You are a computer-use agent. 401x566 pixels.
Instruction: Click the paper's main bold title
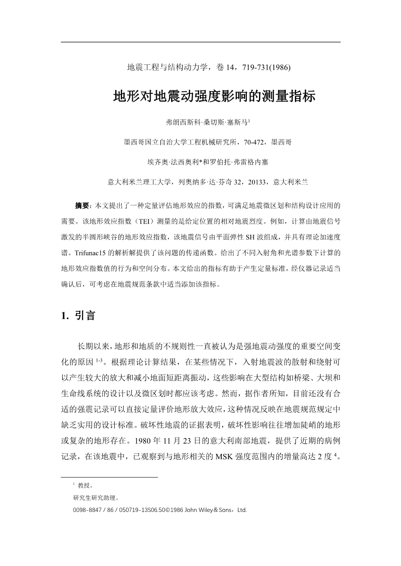click(x=214, y=96)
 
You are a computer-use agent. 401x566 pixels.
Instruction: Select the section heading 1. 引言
click(x=78, y=315)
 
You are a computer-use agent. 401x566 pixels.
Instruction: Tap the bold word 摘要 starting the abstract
click(x=82, y=205)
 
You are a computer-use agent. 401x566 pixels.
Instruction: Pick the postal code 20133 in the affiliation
click(x=259, y=182)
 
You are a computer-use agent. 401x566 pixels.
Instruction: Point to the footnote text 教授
click(x=85, y=485)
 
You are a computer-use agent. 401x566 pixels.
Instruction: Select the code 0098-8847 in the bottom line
click(x=87, y=510)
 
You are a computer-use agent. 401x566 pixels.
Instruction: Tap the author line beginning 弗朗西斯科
click(x=208, y=122)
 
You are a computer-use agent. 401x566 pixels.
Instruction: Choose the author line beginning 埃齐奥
click(x=208, y=162)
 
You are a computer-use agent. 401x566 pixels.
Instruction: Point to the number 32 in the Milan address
click(x=237, y=182)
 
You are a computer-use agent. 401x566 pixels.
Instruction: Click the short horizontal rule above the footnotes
click(x=110, y=477)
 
